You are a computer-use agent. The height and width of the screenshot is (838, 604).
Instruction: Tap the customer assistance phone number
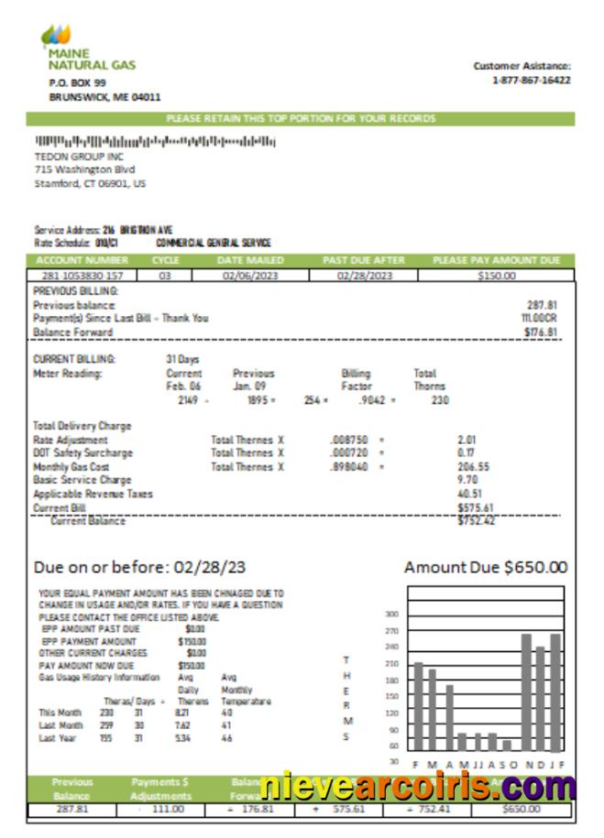[532, 80]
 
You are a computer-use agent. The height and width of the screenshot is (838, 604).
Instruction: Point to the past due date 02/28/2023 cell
[364, 275]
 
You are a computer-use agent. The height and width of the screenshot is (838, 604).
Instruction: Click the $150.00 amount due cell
[497, 275]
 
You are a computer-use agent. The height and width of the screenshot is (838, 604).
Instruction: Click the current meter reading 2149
[189, 400]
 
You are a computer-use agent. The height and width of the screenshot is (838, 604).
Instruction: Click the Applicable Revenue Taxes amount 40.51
[470, 494]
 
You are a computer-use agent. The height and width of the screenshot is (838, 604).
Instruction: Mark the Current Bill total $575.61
[475, 507]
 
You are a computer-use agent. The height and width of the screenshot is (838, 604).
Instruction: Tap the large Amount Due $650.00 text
[486, 568]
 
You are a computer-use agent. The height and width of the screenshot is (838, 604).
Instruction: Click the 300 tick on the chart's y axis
[391, 615]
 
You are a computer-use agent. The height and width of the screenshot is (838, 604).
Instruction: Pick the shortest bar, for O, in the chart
[507, 745]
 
